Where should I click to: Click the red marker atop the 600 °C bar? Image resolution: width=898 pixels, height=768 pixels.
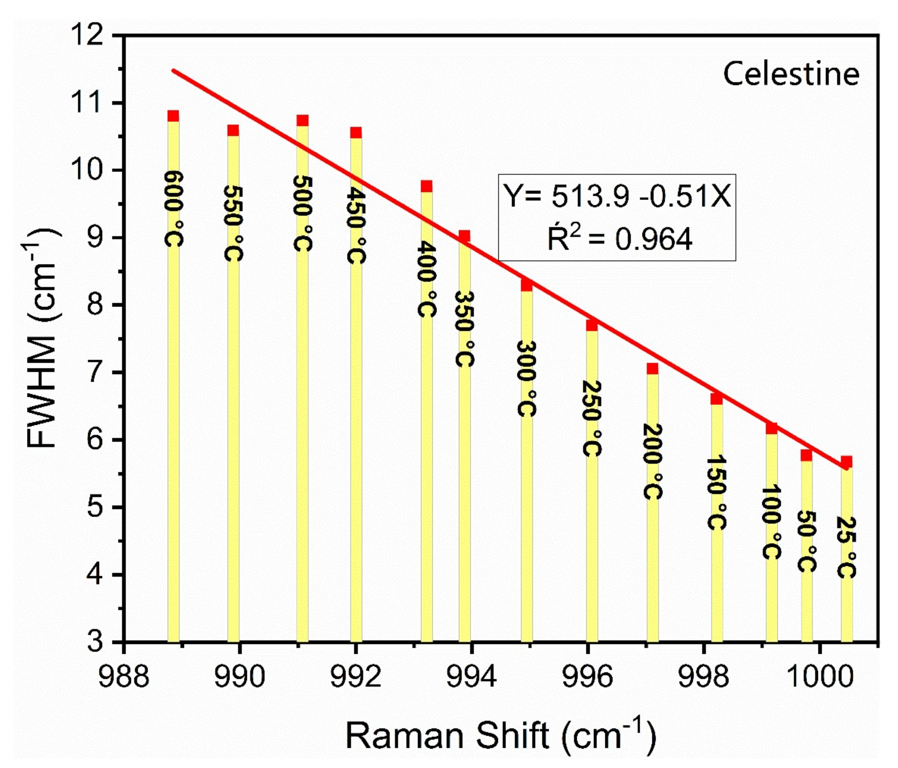point(173,116)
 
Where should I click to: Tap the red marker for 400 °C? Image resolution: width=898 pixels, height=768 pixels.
point(426,186)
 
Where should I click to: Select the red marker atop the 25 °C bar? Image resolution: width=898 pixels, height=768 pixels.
point(846,461)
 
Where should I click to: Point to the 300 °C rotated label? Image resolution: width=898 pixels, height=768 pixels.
point(527,378)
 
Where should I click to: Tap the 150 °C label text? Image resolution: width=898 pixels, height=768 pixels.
point(716,492)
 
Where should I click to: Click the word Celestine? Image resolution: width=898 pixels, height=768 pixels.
point(791,74)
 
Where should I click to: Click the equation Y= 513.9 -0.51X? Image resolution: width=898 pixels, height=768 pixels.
point(617,196)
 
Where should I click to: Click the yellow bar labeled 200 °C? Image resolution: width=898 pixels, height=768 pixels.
point(653,564)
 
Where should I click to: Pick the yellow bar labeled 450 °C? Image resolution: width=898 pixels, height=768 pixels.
point(356,434)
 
